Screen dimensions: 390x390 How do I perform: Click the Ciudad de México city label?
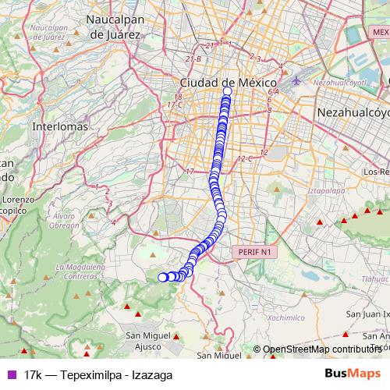point(229,82)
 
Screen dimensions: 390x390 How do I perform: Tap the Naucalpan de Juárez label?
point(114,27)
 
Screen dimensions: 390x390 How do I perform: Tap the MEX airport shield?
point(381,32)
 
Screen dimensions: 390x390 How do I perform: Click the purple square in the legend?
point(11,374)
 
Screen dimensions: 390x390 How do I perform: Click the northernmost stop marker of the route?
point(228,91)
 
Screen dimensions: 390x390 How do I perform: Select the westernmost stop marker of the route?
point(163,277)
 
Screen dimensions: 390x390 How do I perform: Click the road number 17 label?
point(189,171)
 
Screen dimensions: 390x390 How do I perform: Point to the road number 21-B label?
point(193,58)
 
